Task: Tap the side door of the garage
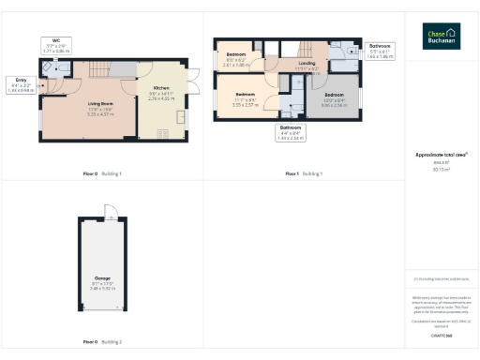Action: coord(108,212)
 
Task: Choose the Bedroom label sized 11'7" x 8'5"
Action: coord(247,97)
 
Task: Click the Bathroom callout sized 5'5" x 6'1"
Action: coord(381,52)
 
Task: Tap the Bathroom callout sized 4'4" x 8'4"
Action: coord(292,132)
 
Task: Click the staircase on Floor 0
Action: coord(98,70)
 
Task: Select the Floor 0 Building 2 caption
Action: coord(102,342)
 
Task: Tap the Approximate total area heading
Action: coord(441,154)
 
